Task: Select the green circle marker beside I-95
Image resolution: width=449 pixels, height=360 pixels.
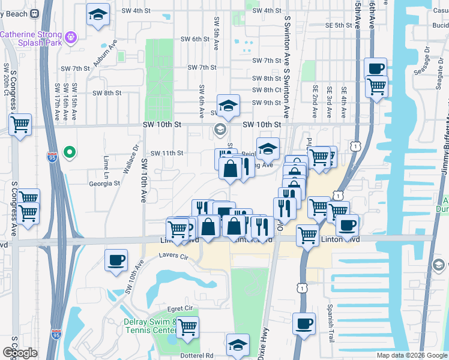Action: coord(70,153)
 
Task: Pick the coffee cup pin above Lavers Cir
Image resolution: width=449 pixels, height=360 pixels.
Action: coord(116,260)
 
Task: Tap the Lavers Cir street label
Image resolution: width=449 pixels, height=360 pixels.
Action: coord(173,256)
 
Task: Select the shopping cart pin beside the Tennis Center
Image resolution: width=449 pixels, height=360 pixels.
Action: coord(187,328)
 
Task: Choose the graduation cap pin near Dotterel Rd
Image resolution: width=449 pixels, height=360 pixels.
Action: coord(238,346)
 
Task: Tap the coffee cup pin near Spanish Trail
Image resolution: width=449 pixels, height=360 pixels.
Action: coord(304,324)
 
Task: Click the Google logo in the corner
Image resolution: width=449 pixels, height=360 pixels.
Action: coord(20,353)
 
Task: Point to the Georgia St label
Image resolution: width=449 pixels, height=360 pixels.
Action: coord(104,184)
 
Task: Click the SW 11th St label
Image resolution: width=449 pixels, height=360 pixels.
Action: coord(166,153)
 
